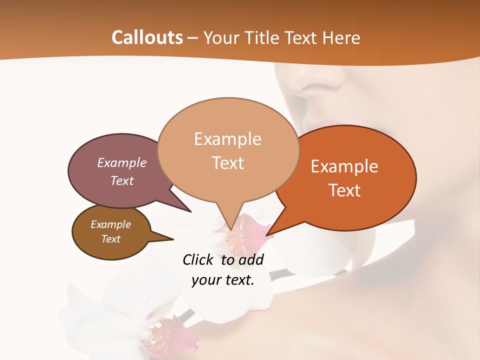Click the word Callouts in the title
[147, 37]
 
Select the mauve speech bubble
[115, 170]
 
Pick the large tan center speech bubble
[227, 150]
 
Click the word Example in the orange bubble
[344, 166]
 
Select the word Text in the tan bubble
[228, 163]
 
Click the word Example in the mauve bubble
[121, 162]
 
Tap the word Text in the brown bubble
[111, 239]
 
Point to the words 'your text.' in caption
[223, 280]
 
